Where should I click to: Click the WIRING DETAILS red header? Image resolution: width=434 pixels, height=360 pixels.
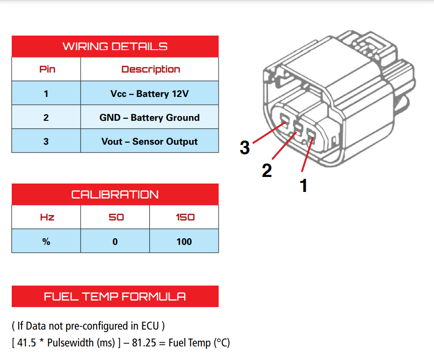[x=115, y=46]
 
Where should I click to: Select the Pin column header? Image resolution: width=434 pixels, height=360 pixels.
[x=47, y=69]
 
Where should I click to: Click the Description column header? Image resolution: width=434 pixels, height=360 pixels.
[x=150, y=69]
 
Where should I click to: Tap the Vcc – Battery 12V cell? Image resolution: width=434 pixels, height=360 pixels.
[x=149, y=94]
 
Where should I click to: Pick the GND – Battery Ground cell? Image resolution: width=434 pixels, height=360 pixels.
[x=149, y=118]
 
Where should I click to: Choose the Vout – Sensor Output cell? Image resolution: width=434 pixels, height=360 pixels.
[x=149, y=141]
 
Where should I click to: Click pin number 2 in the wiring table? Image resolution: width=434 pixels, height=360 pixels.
[x=46, y=118]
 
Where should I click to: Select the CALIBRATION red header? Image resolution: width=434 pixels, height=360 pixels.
[x=115, y=194]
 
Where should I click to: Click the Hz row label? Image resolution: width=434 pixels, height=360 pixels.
[x=47, y=217]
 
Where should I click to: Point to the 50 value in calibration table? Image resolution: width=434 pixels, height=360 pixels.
[x=116, y=217]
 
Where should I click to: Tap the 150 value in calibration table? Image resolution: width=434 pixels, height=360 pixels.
[x=184, y=217]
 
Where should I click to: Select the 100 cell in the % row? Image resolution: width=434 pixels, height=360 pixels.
[x=184, y=242]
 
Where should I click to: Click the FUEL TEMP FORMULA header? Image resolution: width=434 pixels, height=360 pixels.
[x=115, y=296]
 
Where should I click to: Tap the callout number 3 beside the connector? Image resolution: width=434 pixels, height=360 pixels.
[x=244, y=147]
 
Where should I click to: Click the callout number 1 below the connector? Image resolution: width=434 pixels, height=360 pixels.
[x=303, y=186]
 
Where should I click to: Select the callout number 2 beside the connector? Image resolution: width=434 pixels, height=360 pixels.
[x=266, y=170]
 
